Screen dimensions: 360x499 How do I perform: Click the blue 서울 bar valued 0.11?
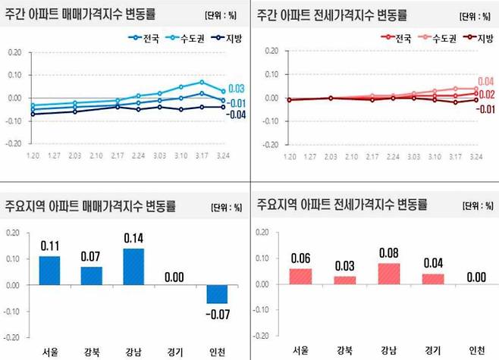point(49,271)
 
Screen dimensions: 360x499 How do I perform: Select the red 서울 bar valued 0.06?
point(300,277)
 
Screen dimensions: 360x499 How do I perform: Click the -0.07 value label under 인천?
point(218,312)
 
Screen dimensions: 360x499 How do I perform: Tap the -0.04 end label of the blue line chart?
point(236,114)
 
